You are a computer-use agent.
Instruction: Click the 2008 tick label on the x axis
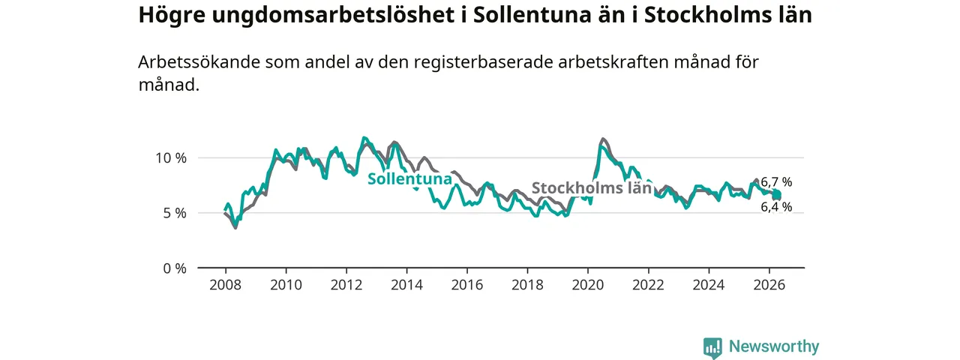pos(226,285)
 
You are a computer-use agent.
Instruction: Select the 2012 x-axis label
pos(346,285)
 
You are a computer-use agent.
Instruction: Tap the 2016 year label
pos(467,285)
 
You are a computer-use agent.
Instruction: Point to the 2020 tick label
pos(588,285)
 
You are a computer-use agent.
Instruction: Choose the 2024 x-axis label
pos(709,285)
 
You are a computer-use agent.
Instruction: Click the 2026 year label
pos(769,285)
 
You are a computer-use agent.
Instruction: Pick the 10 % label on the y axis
pos(171,158)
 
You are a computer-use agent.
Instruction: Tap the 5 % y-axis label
pos(175,213)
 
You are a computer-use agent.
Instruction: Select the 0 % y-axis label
pos(175,268)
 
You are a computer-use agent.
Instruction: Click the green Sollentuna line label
pos(409,178)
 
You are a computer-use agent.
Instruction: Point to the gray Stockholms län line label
pos(592,187)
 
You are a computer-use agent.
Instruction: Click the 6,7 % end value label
pos(776,182)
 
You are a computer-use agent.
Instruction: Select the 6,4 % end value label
pos(776,207)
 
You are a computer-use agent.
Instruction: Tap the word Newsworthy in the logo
pos(774,346)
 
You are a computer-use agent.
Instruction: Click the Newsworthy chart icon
pos(712,347)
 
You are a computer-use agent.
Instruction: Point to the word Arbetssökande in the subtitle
pos(199,62)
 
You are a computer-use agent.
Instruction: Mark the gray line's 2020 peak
pos(604,139)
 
